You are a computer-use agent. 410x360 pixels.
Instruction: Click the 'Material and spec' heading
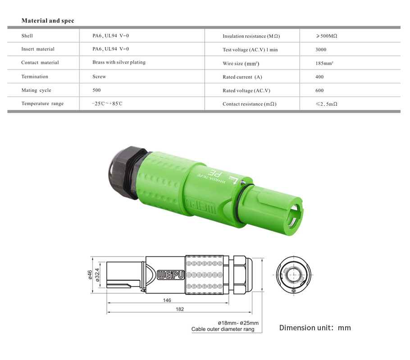pyautogui.click(x=48, y=21)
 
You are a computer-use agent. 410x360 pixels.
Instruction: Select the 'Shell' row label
pyautogui.click(x=27, y=36)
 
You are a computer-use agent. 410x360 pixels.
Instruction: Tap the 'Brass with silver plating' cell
pyautogui.click(x=119, y=63)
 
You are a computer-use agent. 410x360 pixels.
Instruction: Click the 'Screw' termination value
pyautogui.click(x=99, y=76)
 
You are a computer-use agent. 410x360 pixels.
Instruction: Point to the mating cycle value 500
pyautogui.click(x=96, y=90)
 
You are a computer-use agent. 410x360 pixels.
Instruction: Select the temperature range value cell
pyautogui.click(x=107, y=104)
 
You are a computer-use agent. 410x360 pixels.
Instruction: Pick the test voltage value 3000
pyautogui.click(x=321, y=50)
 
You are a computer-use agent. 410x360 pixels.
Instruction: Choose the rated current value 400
pyautogui.click(x=319, y=77)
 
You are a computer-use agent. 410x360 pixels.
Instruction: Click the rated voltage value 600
pyautogui.click(x=319, y=90)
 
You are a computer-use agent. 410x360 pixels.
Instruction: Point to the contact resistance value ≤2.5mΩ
pyautogui.click(x=327, y=104)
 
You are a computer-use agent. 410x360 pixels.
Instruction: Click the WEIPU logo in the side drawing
pyautogui.click(x=171, y=274)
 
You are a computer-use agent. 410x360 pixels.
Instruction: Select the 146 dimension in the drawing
pyautogui.click(x=167, y=300)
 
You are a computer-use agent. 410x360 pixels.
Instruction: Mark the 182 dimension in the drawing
pyautogui.click(x=180, y=309)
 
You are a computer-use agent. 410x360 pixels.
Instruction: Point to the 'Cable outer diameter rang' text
pyautogui.click(x=223, y=329)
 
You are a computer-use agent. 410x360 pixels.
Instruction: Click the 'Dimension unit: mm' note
pyautogui.click(x=314, y=328)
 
